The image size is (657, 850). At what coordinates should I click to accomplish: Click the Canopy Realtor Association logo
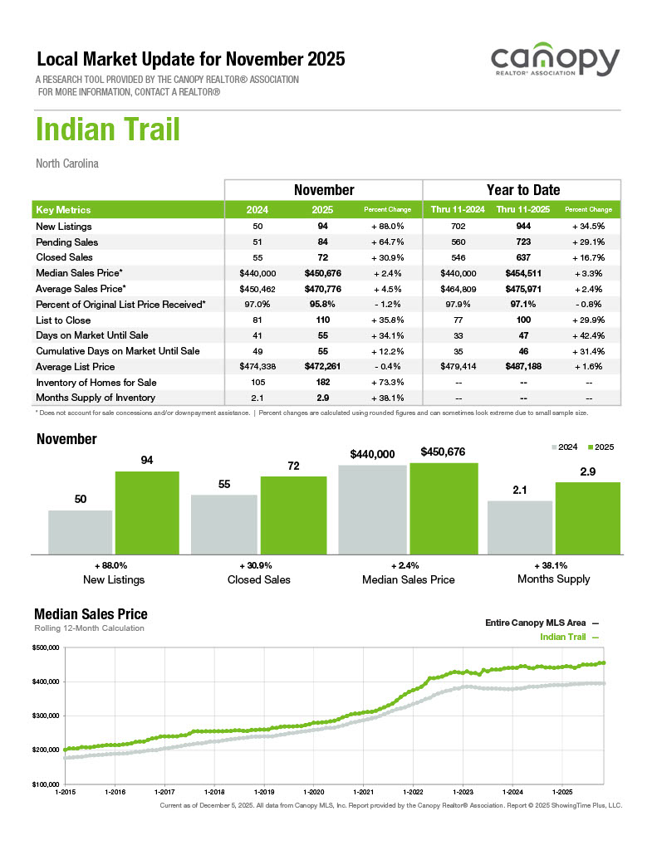(x=555, y=62)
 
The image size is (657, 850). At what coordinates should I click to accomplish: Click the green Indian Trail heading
(x=108, y=130)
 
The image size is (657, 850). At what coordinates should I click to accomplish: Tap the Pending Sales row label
(x=67, y=242)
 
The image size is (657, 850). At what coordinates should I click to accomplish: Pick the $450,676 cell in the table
(x=323, y=273)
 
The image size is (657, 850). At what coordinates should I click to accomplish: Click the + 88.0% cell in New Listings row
(x=389, y=226)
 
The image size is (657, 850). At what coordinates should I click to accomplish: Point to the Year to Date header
(x=522, y=190)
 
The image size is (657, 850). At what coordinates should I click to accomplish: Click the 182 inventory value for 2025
(x=323, y=383)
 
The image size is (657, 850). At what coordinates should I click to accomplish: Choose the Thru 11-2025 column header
(x=522, y=210)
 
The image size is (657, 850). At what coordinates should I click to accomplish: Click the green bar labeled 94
(x=147, y=512)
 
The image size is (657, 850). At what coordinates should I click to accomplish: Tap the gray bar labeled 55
(x=224, y=525)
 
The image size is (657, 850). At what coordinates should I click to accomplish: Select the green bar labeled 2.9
(x=588, y=518)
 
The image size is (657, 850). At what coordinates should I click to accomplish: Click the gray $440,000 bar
(x=372, y=509)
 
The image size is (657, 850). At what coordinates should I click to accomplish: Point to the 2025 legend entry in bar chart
(x=600, y=447)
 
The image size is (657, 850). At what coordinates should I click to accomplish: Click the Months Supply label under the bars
(x=553, y=579)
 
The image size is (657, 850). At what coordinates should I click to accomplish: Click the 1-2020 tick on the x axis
(x=315, y=793)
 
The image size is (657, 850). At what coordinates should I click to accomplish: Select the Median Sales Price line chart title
(x=91, y=614)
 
